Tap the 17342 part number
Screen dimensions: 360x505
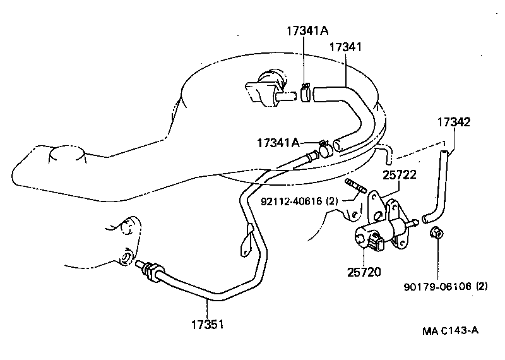click(x=453, y=121)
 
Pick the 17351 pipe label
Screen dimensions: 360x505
click(x=208, y=326)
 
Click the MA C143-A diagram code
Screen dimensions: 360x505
click(x=451, y=331)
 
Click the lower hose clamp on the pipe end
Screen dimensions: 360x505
click(x=325, y=149)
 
